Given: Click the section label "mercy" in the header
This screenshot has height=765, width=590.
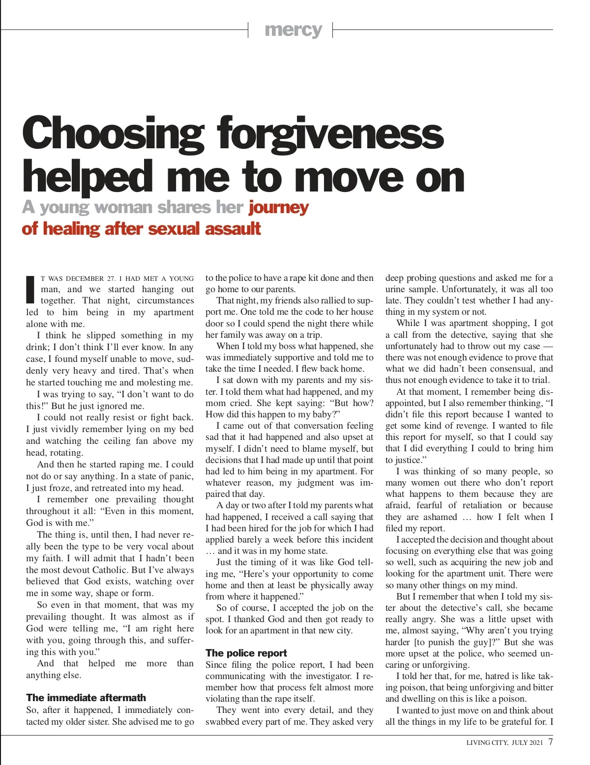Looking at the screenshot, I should click(293, 30).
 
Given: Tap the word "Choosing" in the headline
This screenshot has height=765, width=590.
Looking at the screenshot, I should click(113, 134).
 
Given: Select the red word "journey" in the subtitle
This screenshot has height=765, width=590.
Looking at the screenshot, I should click(278, 208).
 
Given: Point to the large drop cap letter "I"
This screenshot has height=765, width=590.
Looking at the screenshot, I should click(30, 290).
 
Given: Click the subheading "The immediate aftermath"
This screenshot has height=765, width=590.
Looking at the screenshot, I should click(86, 698).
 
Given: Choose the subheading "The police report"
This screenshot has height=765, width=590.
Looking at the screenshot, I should click(246, 653).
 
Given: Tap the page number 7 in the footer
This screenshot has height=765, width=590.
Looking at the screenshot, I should click(550, 741).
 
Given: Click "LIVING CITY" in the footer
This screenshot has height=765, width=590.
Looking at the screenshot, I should click(487, 742).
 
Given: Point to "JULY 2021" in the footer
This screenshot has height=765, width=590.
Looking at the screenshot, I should click(527, 742).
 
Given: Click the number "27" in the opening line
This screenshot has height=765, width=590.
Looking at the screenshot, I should click(111, 278).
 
